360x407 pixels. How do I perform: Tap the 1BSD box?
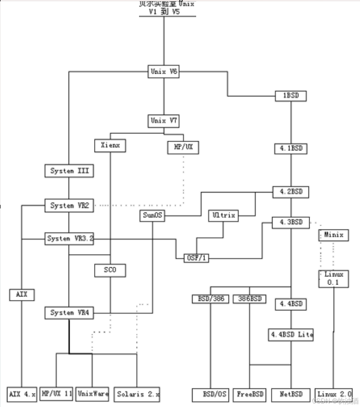[x=290, y=96]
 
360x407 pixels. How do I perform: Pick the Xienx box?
[x=110, y=146]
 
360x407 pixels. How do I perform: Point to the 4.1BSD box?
[x=291, y=149]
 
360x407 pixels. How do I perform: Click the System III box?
[x=69, y=171]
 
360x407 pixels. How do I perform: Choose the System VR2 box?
[x=69, y=205]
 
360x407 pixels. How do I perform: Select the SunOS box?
[x=152, y=216]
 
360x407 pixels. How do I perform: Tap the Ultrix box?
[x=224, y=216]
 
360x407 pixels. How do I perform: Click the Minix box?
[x=334, y=235]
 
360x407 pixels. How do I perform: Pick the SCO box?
[x=110, y=270]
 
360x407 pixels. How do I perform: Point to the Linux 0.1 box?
[x=334, y=278]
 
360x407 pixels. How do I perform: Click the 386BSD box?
[x=250, y=299]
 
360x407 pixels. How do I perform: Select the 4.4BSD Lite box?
[x=291, y=335]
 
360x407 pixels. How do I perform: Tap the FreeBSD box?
[x=250, y=394]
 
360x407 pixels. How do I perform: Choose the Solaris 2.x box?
[x=137, y=394]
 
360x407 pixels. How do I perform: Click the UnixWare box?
[x=93, y=394]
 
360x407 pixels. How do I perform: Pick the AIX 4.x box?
[x=22, y=394]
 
